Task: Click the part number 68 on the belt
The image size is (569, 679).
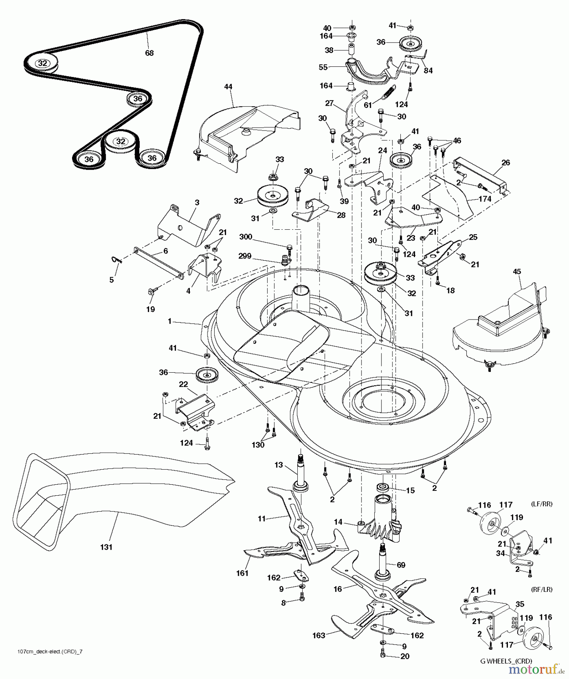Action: pos(149,53)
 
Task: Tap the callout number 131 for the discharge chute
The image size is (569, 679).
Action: pos(106,547)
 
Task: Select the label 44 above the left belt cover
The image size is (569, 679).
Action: pos(228,87)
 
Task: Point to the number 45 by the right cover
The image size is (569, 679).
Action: pos(517,272)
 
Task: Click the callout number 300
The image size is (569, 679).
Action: pos(246,237)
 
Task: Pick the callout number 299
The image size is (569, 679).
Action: pos(245,256)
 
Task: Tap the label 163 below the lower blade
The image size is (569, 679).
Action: pos(319,636)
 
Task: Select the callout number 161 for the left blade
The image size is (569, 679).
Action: pos(242,573)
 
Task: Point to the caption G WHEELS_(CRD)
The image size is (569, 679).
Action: pos(506,661)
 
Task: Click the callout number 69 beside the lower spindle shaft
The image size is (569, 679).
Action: pos(401,565)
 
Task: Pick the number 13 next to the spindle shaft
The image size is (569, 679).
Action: pos(278,465)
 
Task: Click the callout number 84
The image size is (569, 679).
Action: pos(428,71)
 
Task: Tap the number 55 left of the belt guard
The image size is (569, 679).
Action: pos(323,67)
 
